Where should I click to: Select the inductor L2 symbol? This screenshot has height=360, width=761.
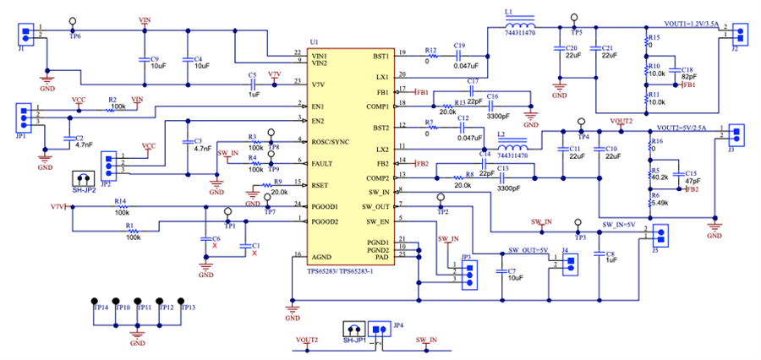512,141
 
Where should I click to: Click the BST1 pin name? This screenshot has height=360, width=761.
379,56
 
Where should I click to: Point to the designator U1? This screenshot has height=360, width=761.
315,41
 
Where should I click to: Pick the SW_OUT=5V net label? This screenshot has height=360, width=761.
528,251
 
